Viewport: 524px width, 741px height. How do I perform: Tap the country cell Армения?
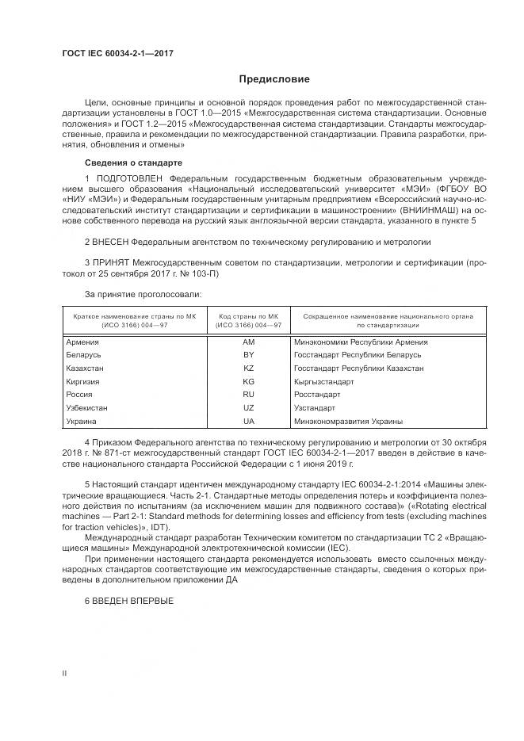coord(83,342)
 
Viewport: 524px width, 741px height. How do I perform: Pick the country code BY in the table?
coord(248,356)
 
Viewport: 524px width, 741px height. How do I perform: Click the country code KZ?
coord(248,369)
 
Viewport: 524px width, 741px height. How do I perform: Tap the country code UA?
coord(248,421)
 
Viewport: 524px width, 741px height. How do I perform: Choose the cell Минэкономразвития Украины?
coord(347,421)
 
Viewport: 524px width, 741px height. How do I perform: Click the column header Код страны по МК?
coord(249,316)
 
